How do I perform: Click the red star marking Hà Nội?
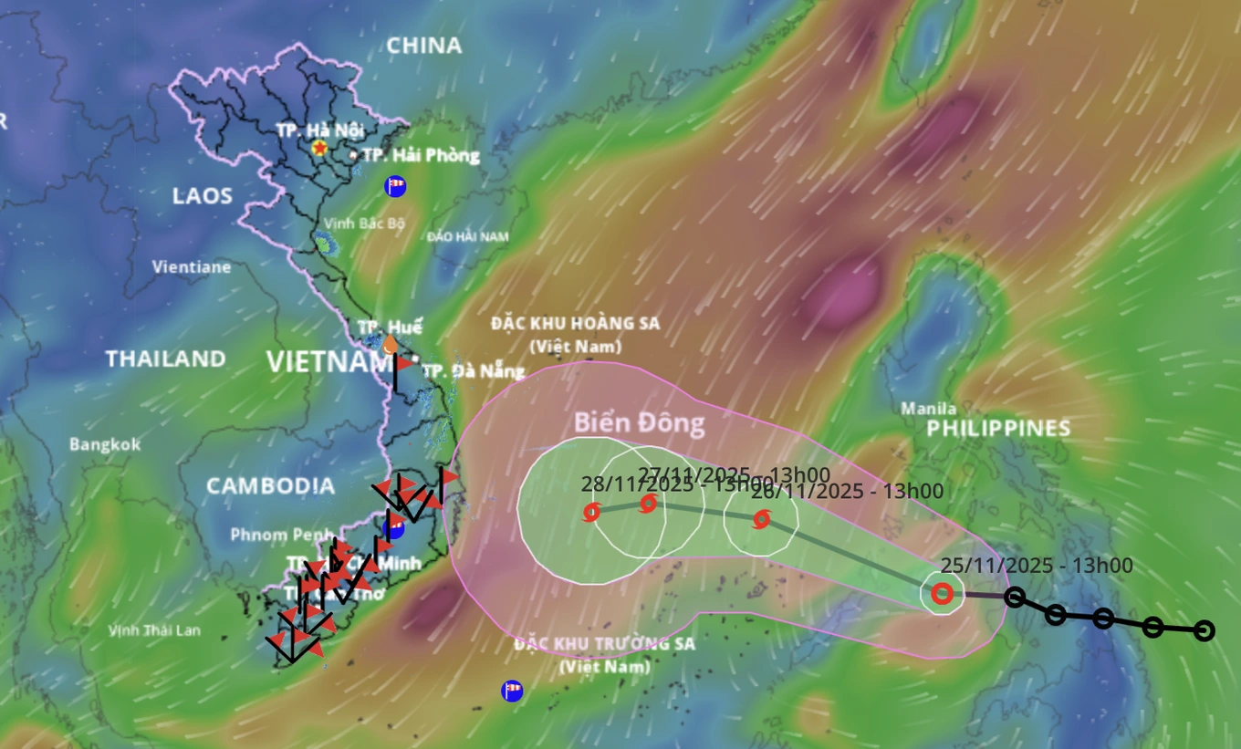point(319,147)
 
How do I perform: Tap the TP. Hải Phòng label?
point(421,155)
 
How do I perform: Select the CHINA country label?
point(423,46)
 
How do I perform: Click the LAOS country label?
point(202,196)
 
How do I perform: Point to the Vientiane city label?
point(191,267)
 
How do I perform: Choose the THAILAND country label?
point(165,359)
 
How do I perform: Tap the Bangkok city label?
point(105,444)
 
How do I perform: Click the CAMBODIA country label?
point(270,485)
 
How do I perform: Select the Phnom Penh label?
point(277,535)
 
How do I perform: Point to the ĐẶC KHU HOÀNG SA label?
point(575,324)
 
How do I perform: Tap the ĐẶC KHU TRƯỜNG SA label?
point(604,644)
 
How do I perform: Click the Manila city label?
point(928,409)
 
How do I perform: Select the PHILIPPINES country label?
point(998,428)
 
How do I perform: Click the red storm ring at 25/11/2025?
point(943,595)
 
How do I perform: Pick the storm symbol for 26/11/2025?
point(761,520)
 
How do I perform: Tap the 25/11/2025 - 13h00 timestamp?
point(1036,566)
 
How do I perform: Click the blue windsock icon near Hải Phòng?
point(395,186)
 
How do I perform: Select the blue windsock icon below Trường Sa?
point(512,691)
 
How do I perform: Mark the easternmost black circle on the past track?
point(1204,630)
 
